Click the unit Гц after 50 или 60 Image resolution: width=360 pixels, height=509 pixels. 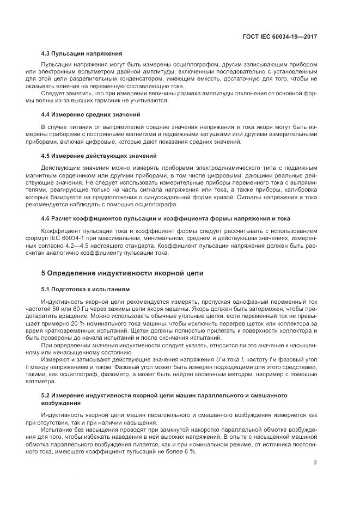pyautogui.click(x=83, y=308)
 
